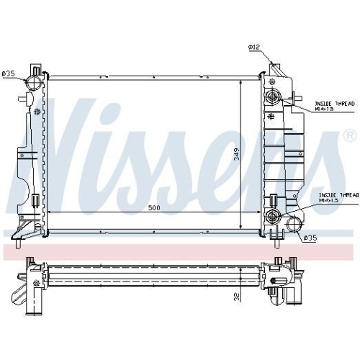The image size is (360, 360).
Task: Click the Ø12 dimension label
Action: point(253,48)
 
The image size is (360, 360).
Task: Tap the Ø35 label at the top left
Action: point(9,73)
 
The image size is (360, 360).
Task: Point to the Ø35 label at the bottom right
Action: point(310,237)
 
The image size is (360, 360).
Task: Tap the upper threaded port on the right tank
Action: point(271,99)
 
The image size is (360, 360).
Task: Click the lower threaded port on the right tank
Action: point(272,215)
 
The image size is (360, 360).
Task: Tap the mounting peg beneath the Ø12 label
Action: point(273,67)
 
